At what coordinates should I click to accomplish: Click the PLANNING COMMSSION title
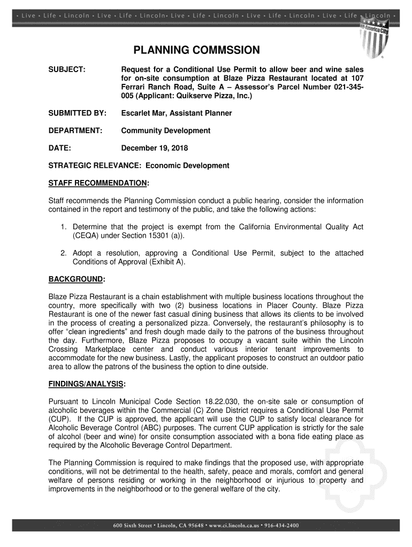coord(196,51)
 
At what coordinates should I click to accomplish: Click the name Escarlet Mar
coord(144,113)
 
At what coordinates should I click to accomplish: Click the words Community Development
coord(166,131)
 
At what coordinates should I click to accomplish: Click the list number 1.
coord(63,227)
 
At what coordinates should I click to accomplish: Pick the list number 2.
coord(63,253)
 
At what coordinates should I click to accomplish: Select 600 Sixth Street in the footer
coord(132,525)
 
